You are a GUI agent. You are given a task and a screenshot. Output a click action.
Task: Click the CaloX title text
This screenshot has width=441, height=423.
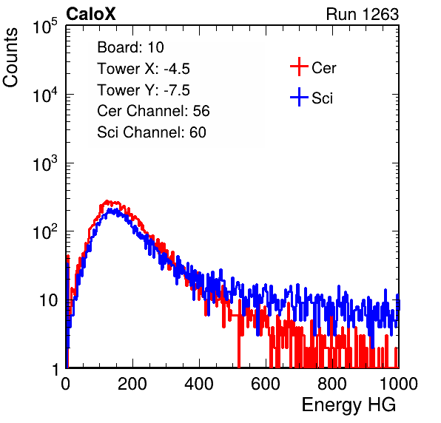(x=91, y=14)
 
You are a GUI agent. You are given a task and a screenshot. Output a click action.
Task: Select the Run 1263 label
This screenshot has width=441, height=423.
(x=363, y=14)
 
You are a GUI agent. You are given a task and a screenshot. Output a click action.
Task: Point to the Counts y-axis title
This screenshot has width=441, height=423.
(x=10, y=58)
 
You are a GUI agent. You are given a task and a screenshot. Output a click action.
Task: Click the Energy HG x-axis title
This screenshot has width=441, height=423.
(x=349, y=405)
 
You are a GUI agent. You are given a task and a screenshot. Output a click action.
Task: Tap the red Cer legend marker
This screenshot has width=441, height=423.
(x=299, y=67)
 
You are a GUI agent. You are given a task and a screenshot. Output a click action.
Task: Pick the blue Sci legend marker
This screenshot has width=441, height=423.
(x=299, y=97)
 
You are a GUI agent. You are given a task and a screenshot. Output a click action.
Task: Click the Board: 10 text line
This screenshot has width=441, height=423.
(x=130, y=47)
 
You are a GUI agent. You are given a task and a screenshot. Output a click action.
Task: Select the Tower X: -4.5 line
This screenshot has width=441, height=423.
(x=144, y=69)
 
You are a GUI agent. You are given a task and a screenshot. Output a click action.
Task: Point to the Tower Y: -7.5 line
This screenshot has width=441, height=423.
(x=144, y=90)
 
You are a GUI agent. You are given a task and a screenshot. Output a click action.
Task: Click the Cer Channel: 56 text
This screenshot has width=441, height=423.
(x=153, y=111)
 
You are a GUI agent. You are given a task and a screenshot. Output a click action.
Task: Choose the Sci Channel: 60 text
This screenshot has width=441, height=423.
(x=152, y=132)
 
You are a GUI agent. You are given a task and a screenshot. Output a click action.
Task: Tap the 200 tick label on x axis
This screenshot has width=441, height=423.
(x=132, y=384)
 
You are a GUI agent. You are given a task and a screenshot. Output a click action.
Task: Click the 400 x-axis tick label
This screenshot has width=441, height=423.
(x=199, y=384)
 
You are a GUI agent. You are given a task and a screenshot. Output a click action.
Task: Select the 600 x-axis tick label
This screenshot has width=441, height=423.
(x=266, y=384)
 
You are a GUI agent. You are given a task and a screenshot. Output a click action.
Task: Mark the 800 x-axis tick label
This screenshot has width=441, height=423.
(x=332, y=384)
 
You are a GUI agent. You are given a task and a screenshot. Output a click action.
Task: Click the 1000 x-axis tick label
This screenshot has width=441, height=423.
(x=399, y=384)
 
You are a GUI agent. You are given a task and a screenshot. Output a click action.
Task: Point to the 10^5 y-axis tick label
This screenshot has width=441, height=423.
(x=45, y=27)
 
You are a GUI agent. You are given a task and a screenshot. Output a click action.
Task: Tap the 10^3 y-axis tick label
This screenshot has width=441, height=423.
(x=45, y=163)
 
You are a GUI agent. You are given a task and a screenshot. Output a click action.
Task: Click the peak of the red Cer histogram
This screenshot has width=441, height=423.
(x=107, y=201)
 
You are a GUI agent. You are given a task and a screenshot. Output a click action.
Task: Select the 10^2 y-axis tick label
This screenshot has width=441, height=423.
(x=45, y=232)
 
